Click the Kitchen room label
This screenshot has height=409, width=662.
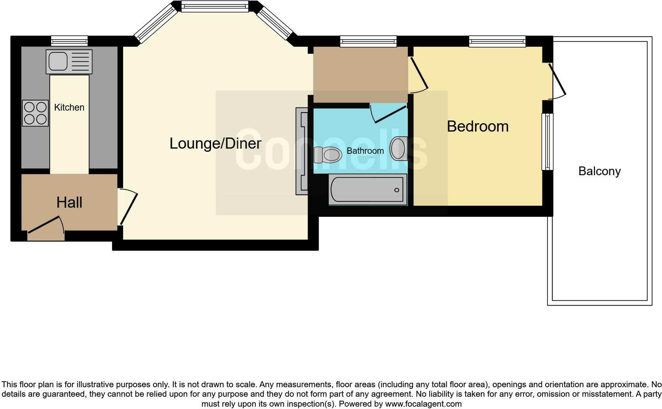click(x=69, y=107)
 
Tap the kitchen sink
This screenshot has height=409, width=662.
click(x=69, y=61)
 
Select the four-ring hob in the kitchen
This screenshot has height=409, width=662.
click(x=35, y=113)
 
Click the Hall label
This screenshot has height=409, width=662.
click(x=69, y=203)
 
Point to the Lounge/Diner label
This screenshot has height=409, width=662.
click(x=215, y=143)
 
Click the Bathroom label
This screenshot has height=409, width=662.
click(x=365, y=151)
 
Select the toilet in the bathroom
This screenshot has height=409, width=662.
click(x=328, y=155)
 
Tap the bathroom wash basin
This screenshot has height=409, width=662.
click(x=399, y=149)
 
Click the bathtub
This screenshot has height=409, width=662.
click(x=368, y=190)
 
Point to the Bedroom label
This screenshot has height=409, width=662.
click(x=477, y=126)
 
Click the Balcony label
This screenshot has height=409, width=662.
click(x=599, y=171)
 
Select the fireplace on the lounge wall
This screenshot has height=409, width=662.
click(x=302, y=151)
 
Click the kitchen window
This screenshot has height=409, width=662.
click(x=69, y=40)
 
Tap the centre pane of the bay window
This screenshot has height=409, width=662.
click(x=215, y=6)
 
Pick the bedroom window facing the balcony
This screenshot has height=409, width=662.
click(x=547, y=141)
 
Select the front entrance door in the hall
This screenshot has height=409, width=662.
click(x=44, y=225)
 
